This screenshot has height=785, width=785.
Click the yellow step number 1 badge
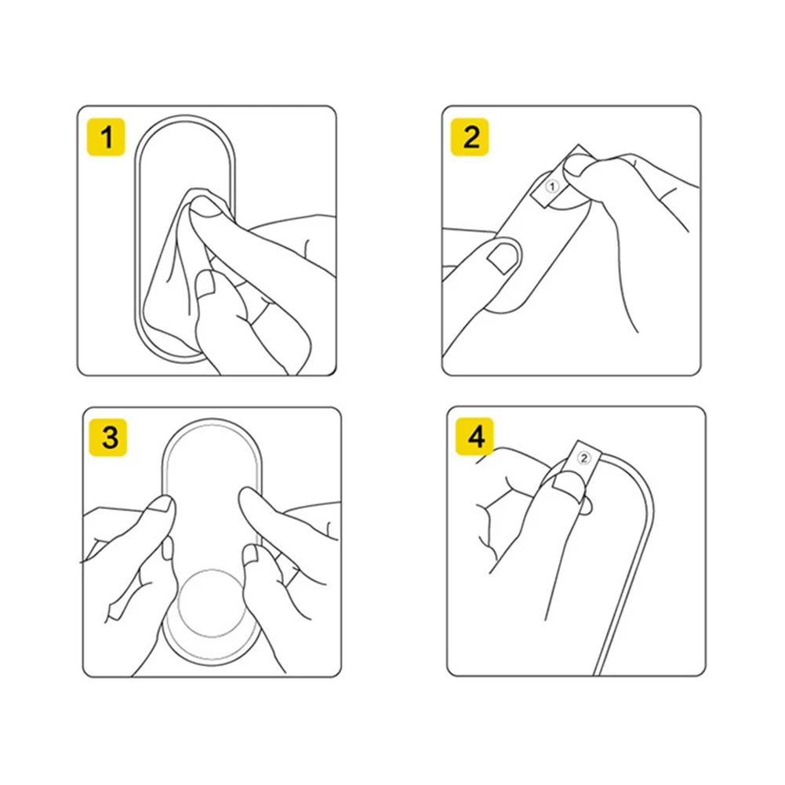pyautogui.click(x=106, y=137)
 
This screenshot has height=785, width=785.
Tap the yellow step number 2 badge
pyautogui.click(x=470, y=137)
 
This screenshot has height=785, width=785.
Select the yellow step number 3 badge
pyautogui.click(x=107, y=438)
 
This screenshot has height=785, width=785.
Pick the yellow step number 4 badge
pyautogui.click(x=474, y=436)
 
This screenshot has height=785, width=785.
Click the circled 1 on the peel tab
pyautogui.click(x=552, y=187)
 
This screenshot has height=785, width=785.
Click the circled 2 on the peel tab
pyautogui.click(x=583, y=458)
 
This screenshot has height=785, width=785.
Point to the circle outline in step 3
pyautogui.click(x=213, y=603)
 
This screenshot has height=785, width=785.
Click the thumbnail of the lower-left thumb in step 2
pyautogui.click(x=503, y=257)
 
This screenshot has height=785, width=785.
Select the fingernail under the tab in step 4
pyautogui.click(x=568, y=485)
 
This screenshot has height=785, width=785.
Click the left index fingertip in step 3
pyautogui.click(x=162, y=505)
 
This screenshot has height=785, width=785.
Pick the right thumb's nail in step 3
pyautogui.click(x=250, y=554)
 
